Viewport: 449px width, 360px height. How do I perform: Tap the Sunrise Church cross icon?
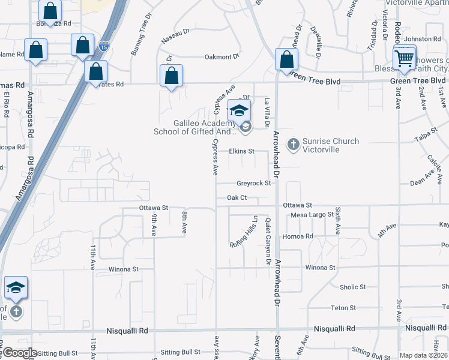pyautogui.click(x=293, y=144)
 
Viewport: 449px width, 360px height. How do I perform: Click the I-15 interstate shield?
pyautogui.click(x=104, y=45)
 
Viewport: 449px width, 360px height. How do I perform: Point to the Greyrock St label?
pyautogui.click(x=254, y=184)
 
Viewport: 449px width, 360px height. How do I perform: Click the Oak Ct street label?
pyautogui.click(x=237, y=197)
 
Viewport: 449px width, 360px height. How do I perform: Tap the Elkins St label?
pyautogui.click(x=242, y=151)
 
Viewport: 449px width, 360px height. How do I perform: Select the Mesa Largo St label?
pyautogui.click(x=312, y=215)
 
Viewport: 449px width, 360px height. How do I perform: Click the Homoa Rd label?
pyautogui.click(x=301, y=236)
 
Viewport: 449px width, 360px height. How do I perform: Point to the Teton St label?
pyautogui.click(x=343, y=308)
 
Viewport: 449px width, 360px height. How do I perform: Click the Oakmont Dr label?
pyautogui.click(x=222, y=57)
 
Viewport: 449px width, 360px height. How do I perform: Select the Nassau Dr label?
pyautogui.click(x=176, y=40)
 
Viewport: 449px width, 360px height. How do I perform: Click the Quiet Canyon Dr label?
pyautogui.click(x=267, y=241)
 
